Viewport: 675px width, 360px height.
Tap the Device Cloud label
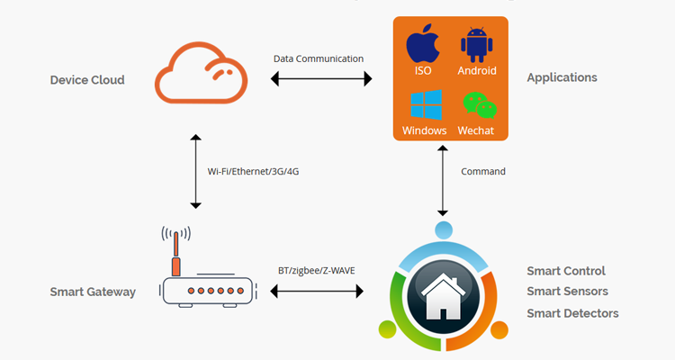point(87,80)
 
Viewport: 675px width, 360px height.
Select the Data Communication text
point(319,58)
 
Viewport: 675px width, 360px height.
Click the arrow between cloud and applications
point(321,80)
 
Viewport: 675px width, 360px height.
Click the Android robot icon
point(477,44)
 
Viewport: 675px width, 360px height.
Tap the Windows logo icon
point(424,103)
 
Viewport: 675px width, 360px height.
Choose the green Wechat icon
point(478,105)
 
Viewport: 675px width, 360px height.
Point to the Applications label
point(562,77)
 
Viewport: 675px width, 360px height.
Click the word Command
point(483,171)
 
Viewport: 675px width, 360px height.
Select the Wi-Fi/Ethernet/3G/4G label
point(253,171)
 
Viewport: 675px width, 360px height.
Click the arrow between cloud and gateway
point(195,172)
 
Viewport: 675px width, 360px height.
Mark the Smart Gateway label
point(94,292)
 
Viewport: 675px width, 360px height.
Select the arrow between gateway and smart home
point(315,291)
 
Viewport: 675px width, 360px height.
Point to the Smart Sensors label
point(567,292)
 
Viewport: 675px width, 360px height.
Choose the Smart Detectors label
point(572,313)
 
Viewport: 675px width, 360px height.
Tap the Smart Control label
point(566,271)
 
